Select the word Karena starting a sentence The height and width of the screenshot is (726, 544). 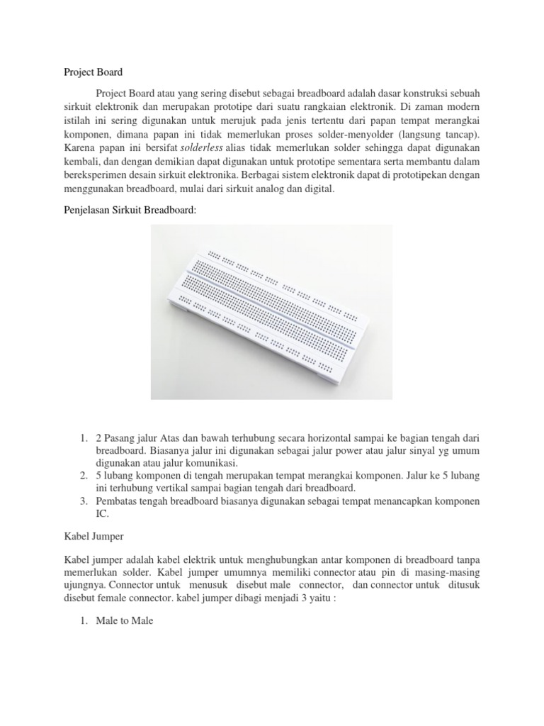[72, 145]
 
